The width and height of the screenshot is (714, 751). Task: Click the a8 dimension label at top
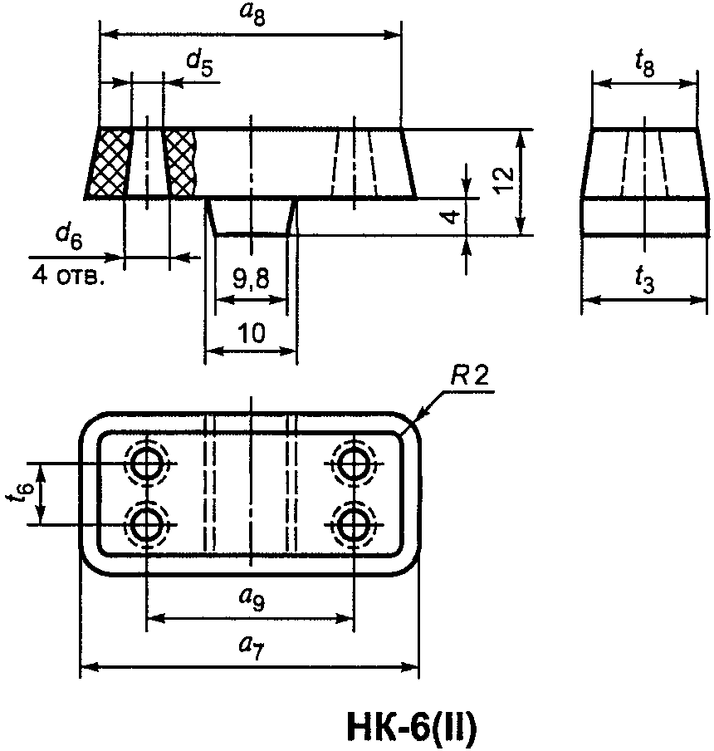[x=252, y=14]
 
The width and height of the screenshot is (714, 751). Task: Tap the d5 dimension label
[x=199, y=63]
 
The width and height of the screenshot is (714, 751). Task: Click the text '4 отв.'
[x=67, y=277]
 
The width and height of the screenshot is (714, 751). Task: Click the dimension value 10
[x=252, y=332]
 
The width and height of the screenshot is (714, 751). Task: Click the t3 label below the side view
[x=644, y=279]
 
